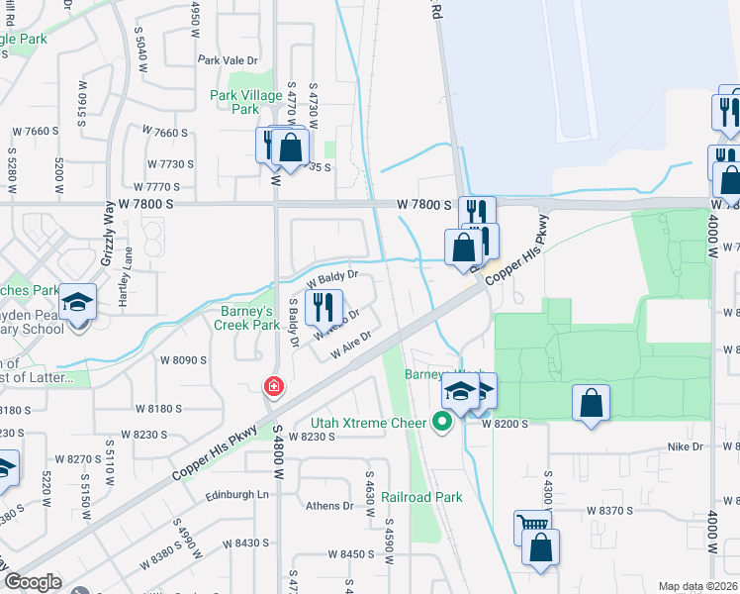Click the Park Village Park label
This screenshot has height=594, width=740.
234,102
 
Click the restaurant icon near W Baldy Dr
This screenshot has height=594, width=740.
324,308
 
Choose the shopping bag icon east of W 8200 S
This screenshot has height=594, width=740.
591,402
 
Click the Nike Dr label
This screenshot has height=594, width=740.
684,447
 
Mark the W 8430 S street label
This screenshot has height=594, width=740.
245,544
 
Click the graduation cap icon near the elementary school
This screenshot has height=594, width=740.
76,300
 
